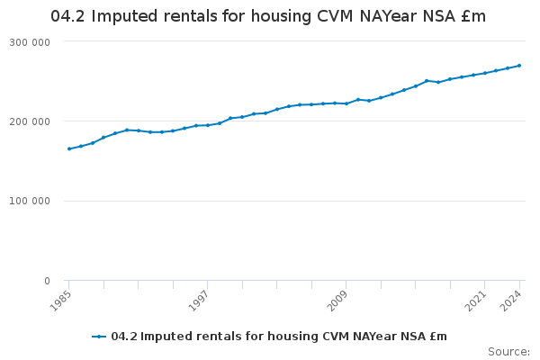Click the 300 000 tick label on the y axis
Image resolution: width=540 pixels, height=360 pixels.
click(31, 42)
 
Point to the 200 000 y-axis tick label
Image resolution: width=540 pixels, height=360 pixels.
click(31, 121)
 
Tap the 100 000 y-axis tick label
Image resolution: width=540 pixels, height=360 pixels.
click(31, 201)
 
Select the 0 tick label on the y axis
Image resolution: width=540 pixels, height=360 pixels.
click(46, 281)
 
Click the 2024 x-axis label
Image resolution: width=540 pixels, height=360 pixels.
click(514, 299)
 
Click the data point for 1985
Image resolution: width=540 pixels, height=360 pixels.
click(69, 148)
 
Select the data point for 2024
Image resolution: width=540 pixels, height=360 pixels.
click(519, 65)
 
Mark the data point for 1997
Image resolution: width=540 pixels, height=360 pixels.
click(208, 125)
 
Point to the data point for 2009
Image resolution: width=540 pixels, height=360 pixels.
click(346, 103)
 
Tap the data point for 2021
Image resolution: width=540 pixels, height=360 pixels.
click(485, 73)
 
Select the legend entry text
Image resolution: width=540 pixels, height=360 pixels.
click(279, 337)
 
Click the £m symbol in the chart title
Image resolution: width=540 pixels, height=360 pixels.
click(473, 16)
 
